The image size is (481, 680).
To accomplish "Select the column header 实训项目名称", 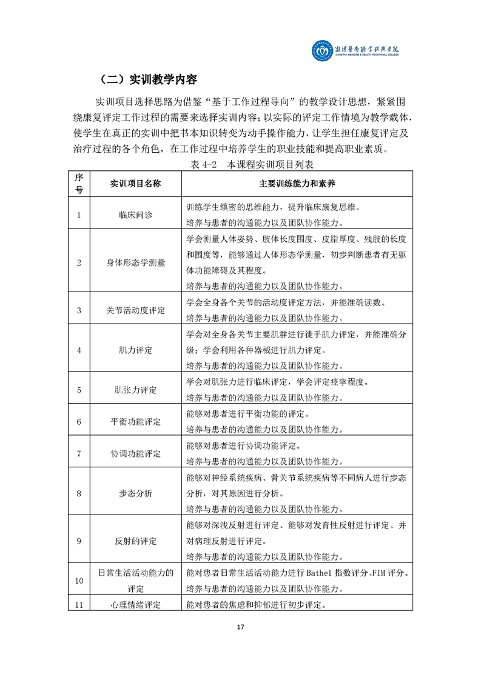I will [x=135, y=184].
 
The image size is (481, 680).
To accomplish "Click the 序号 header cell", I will [x=79, y=184].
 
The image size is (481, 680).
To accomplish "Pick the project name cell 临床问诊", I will [x=135, y=214].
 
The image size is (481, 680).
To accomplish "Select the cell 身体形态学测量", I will [x=135, y=262].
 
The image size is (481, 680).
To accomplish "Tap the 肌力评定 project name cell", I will [x=135, y=350].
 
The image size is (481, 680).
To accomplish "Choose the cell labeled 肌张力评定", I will [x=135, y=390].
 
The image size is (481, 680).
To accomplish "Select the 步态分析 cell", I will [x=135, y=493].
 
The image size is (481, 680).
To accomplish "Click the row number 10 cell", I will [x=79, y=581].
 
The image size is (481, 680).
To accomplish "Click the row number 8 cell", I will [x=79, y=493].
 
